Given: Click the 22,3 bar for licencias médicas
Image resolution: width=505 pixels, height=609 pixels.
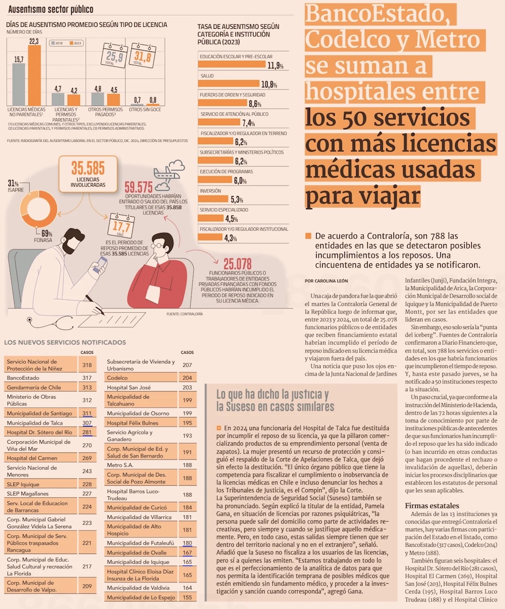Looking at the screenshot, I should pyautogui.click(x=34, y=75).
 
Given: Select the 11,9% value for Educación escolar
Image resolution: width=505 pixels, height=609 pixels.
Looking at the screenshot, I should pyautogui.click(x=275, y=66).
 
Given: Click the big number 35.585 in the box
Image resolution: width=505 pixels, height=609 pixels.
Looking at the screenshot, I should pyautogui.click(x=88, y=168).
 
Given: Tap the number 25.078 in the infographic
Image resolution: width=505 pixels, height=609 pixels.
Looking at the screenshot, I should pyautogui.click(x=237, y=264).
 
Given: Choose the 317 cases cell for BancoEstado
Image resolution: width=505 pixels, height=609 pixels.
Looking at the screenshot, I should pyautogui.click(x=87, y=378).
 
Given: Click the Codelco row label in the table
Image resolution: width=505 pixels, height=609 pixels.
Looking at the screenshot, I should pyautogui.click(x=117, y=378).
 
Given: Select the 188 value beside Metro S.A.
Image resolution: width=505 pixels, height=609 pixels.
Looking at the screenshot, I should pyautogui.click(x=187, y=465).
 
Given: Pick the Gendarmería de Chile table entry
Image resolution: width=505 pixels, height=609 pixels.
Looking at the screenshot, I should pyautogui.click(x=34, y=388).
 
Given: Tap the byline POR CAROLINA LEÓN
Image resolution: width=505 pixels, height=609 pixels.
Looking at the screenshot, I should pyautogui.click(x=327, y=280).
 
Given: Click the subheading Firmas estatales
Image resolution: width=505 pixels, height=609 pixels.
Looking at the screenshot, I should pyautogui.click(x=432, y=506).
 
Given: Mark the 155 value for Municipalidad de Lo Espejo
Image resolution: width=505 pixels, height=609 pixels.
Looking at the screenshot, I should pyautogui.click(x=187, y=597).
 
